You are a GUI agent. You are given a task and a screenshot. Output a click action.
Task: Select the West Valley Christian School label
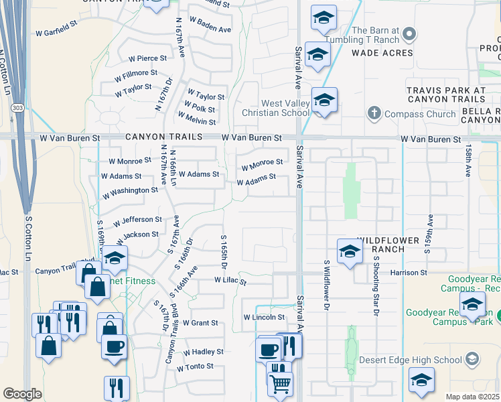[276, 108]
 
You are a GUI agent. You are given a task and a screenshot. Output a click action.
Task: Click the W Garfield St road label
[58, 31]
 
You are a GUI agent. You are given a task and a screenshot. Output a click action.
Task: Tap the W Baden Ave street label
[210, 29]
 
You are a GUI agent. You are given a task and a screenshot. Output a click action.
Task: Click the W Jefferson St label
[137, 220]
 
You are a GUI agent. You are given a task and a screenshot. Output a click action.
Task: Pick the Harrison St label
[409, 273]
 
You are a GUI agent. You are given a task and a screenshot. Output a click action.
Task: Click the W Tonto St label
[195, 366]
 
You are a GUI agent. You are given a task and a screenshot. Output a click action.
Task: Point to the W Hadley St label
[203, 351]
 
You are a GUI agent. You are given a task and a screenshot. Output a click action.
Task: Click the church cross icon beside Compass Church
[374, 113]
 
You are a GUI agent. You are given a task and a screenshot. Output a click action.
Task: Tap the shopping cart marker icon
[280, 383]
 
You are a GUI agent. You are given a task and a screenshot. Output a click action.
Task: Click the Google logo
[22, 394]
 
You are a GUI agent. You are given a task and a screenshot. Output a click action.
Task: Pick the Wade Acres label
[382, 53]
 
